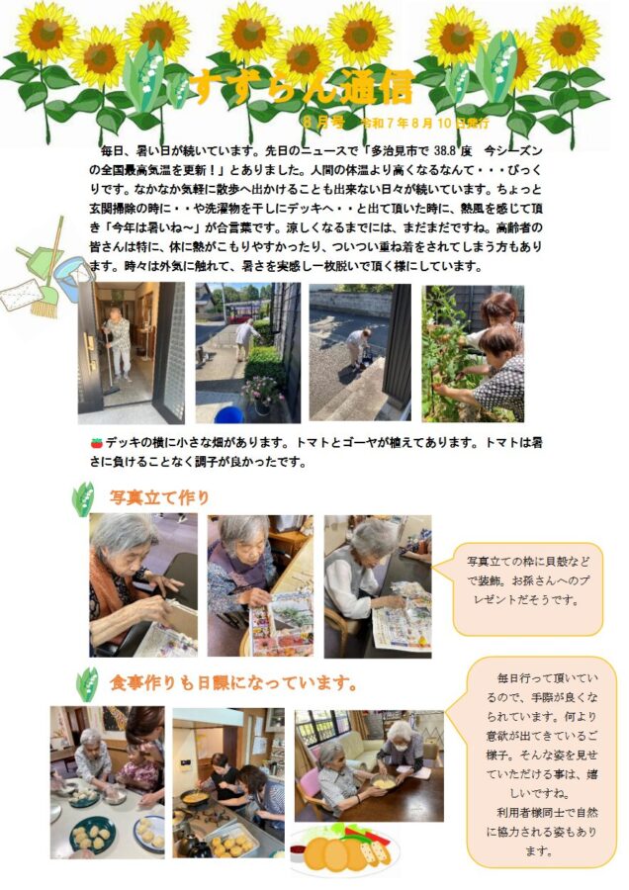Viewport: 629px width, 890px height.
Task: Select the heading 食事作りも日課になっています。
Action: [x=232, y=683]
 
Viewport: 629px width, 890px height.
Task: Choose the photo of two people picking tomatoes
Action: [x=473, y=353]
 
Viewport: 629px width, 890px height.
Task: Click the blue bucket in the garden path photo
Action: [x=228, y=413]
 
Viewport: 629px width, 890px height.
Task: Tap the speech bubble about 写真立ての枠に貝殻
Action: [x=527, y=583]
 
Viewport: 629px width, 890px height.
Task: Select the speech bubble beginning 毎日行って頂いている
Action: [x=542, y=762]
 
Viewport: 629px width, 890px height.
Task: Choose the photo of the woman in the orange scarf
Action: [x=142, y=584]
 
